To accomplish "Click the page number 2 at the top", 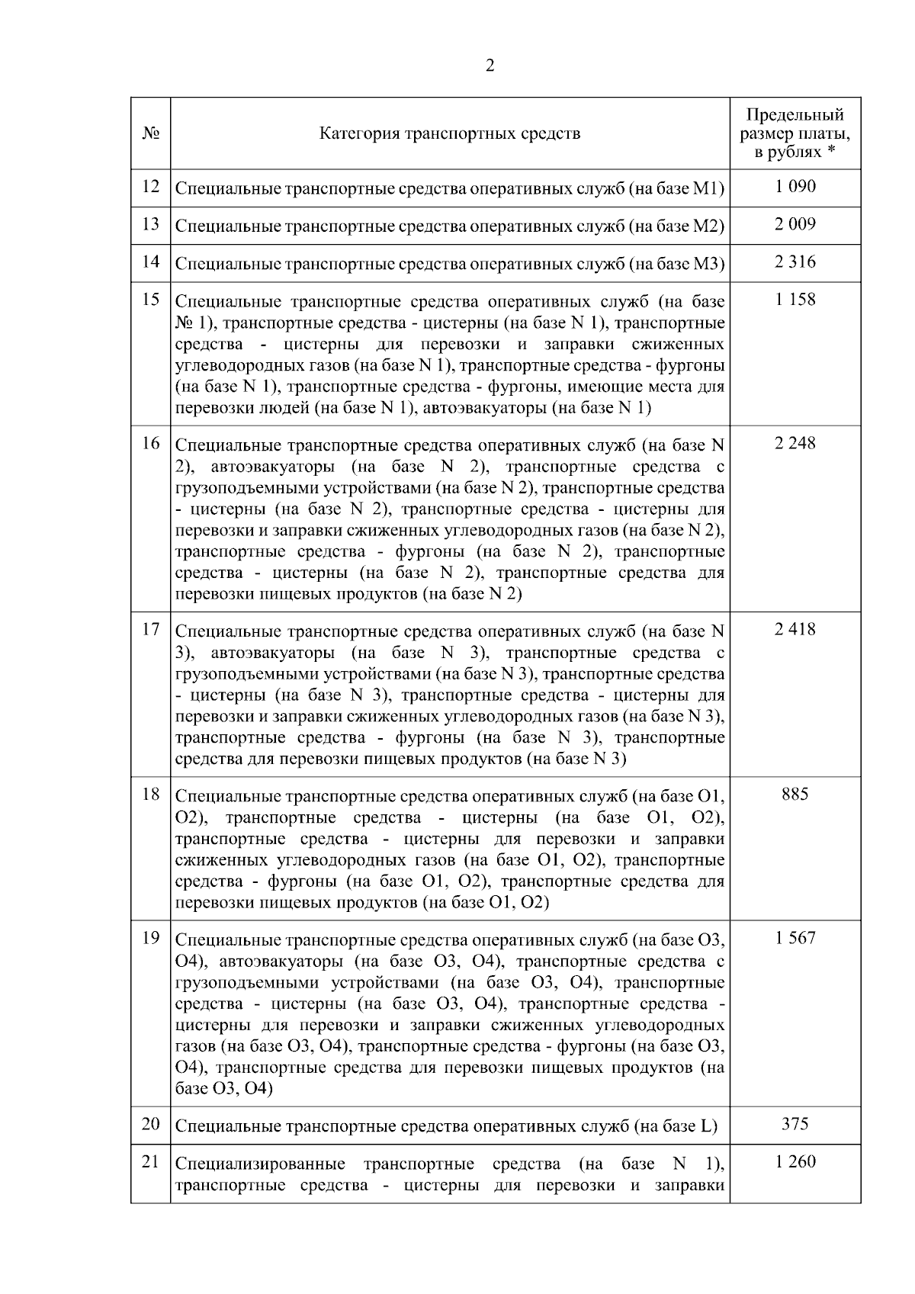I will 490,66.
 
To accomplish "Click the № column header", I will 150,133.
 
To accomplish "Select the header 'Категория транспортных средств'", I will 450,133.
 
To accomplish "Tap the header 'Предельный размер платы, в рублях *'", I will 795,133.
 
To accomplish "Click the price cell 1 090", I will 795,187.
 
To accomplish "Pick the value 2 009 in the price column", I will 795,224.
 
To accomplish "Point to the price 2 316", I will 795,262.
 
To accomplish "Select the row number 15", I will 150,299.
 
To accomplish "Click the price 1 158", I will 795,300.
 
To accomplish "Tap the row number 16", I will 150,443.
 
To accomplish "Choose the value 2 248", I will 795,444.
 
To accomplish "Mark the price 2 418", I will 795,630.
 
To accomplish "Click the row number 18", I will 150,795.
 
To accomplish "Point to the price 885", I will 795,795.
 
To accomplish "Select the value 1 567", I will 795,939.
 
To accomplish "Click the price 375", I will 795,1124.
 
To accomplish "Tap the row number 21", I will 150,1161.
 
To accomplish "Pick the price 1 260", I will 795,1162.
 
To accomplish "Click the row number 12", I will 150,187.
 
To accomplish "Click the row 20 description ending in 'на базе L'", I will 446,1125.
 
